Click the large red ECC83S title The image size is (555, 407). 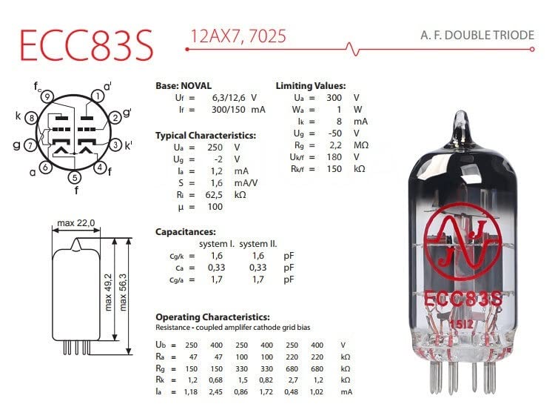point(87,44)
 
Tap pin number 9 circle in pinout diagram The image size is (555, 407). point(46,96)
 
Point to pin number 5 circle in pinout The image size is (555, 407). point(73,177)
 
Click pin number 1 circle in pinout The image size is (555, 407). point(96,96)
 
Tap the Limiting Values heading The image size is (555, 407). point(310,86)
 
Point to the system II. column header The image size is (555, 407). point(258,244)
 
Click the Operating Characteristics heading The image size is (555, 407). point(212,317)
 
